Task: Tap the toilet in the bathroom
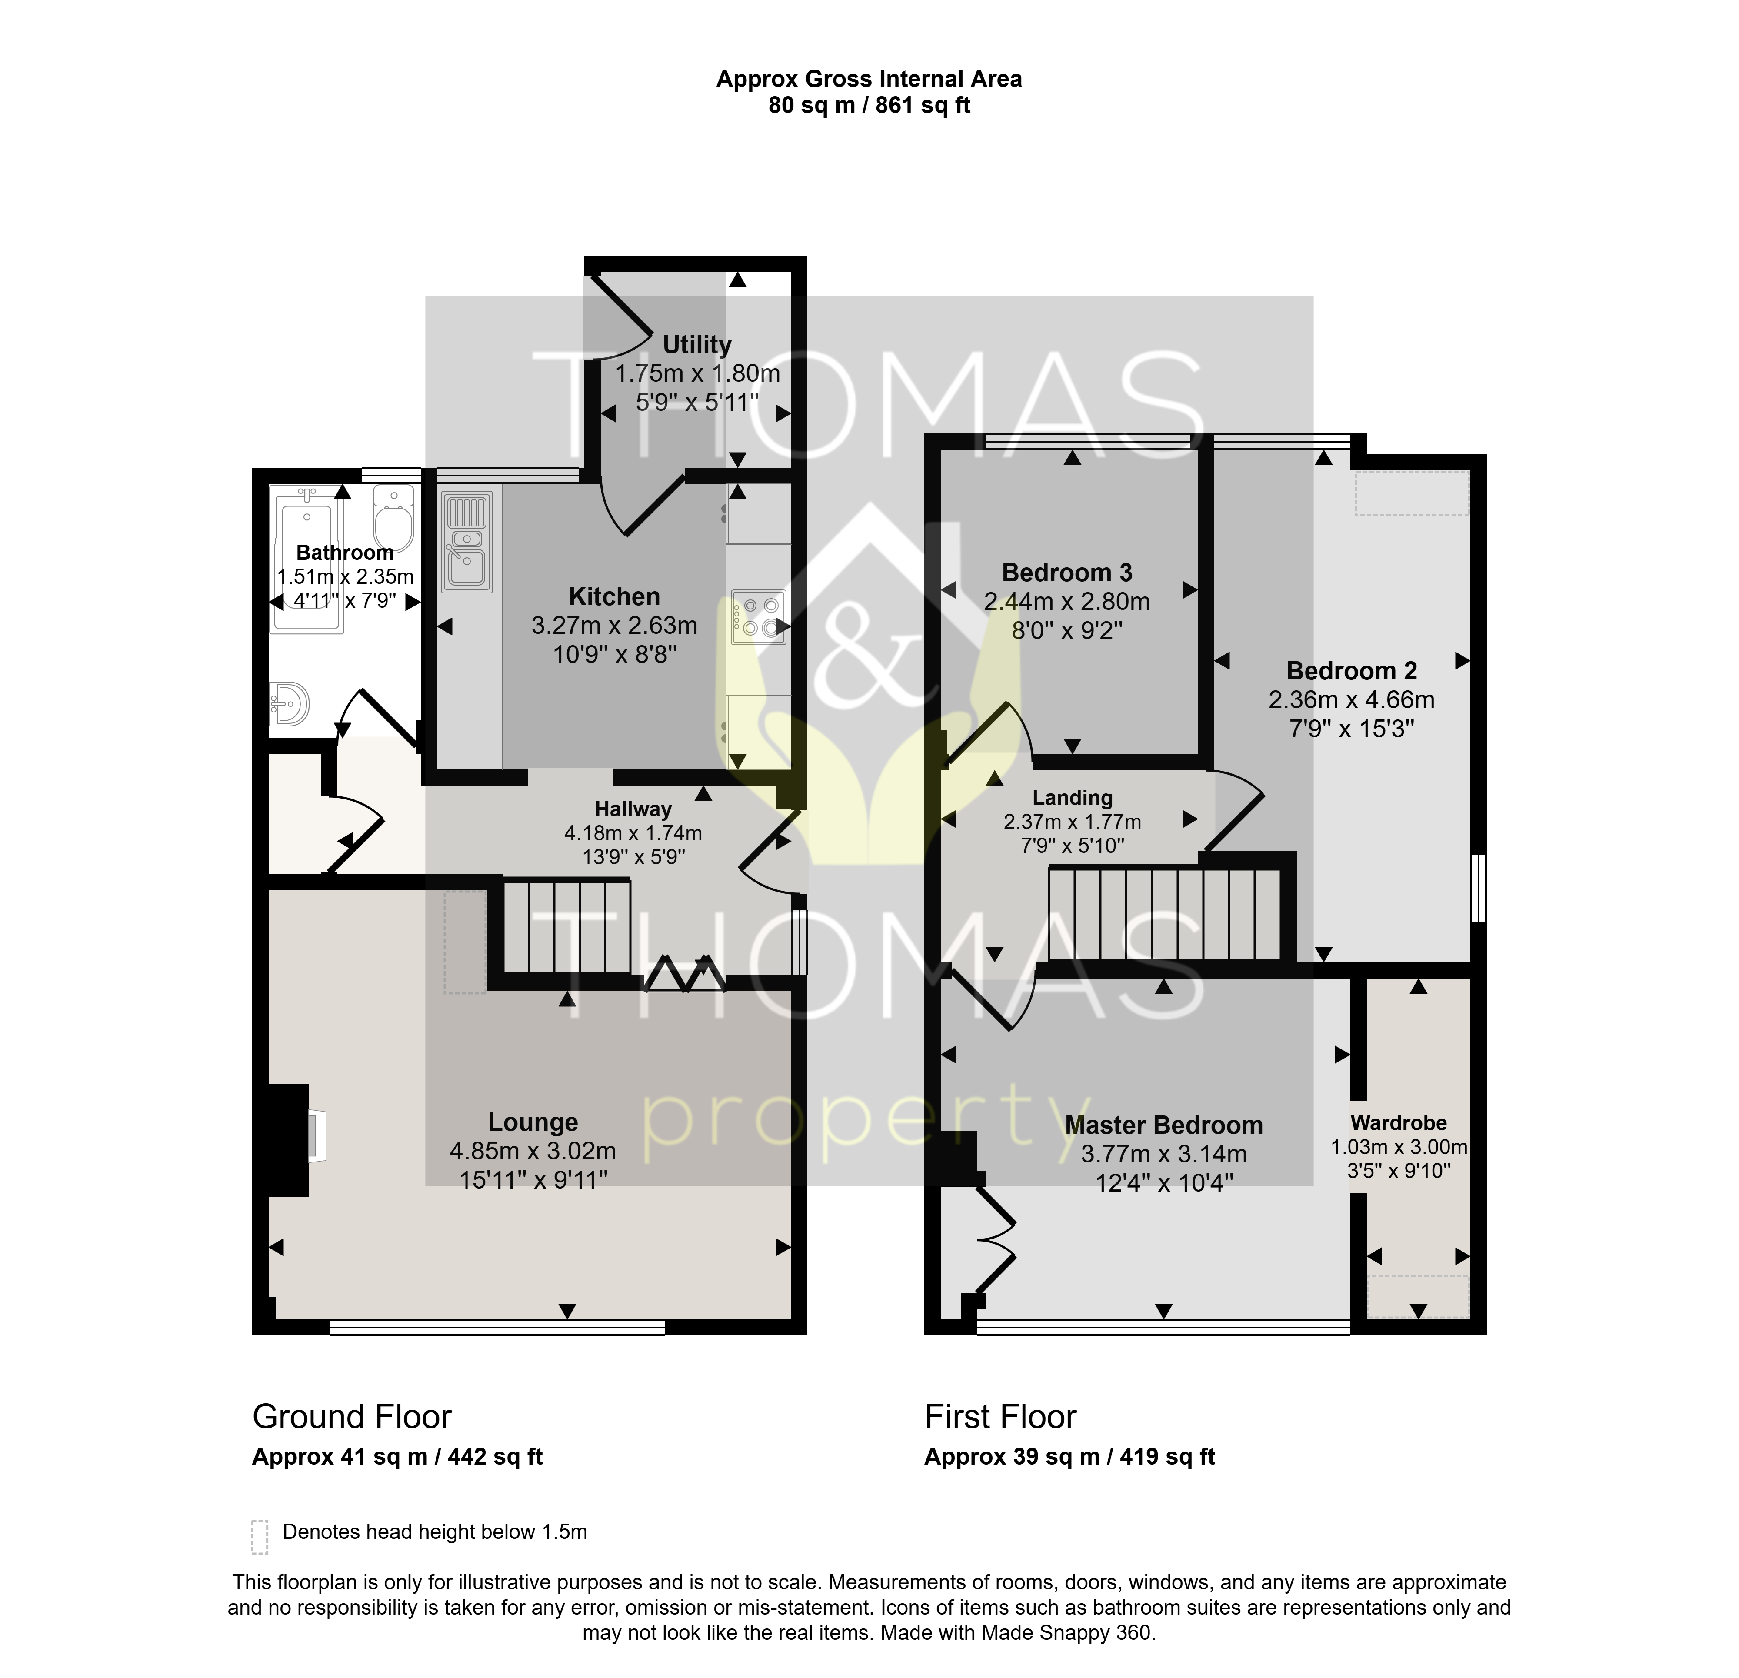coord(393,517)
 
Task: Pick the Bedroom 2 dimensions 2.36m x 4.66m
coord(1351,700)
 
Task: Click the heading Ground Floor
coord(352,1417)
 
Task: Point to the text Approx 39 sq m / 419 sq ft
coord(1069,1457)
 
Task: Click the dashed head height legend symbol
coord(259,1537)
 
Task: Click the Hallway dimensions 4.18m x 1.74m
coord(633,833)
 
